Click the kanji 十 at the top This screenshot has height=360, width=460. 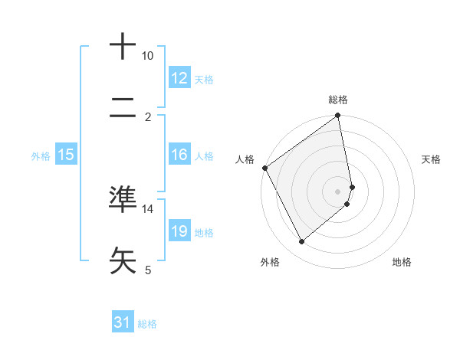(123, 47)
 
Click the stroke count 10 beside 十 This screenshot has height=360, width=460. (147, 56)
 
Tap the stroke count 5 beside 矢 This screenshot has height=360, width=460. (147, 270)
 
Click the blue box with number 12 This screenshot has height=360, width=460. (179, 78)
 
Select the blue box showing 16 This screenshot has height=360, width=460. (179, 155)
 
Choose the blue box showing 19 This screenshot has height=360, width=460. (179, 231)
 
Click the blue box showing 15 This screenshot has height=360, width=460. (66, 155)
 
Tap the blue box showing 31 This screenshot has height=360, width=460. (123, 322)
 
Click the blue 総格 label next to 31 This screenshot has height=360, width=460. (147, 324)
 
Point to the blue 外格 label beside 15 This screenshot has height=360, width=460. (41, 156)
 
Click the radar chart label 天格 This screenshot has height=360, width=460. (431, 159)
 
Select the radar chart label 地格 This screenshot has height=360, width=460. (402, 262)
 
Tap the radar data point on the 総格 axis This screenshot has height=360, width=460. (337, 116)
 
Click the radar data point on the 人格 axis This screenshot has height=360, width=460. (265, 168)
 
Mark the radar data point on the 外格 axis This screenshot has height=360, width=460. (301, 242)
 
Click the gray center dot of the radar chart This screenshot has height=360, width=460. (337, 191)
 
